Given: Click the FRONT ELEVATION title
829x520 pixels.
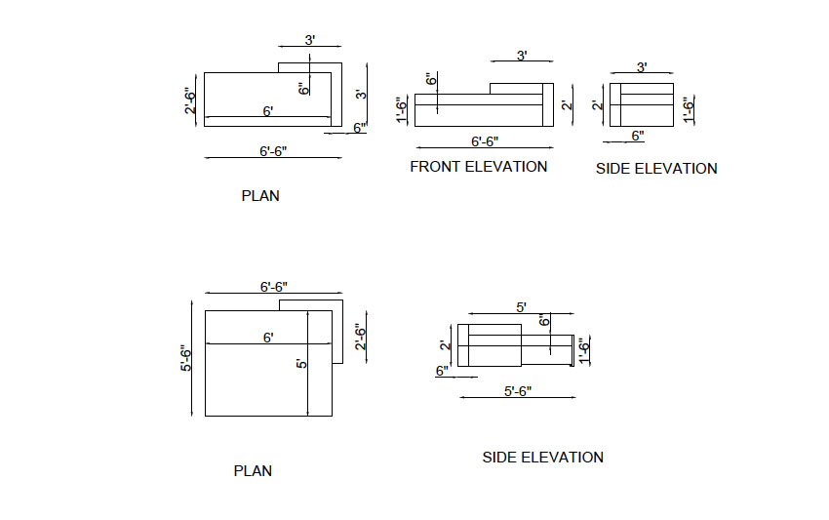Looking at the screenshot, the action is tap(479, 167).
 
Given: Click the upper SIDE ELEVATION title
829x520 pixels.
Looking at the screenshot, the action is tap(656, 169).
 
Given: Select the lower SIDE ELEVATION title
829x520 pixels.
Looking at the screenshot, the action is tap(543, 458).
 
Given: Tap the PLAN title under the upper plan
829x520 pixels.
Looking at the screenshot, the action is tap(260, 196).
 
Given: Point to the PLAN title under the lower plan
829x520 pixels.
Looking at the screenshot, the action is tap(253, 471).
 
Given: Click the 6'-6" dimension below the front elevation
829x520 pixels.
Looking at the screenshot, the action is tap(485, 141).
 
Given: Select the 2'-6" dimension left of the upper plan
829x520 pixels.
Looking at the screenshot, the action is tap(190, 100).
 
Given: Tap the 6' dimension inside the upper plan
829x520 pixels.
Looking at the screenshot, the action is tap(268, 111).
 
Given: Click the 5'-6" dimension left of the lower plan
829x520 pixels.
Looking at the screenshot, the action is tap(186, 358).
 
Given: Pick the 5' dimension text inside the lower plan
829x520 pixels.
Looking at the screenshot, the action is tap(301, 364).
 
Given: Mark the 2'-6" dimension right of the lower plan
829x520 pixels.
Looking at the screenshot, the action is tap(361, 337).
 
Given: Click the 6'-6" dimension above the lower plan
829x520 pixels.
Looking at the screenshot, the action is tap(274, 287).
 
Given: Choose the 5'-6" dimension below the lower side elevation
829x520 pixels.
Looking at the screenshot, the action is tap(518, 391).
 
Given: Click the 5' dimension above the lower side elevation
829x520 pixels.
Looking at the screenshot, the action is tap(521, 307).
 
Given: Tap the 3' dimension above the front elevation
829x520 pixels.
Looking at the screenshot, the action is tap(522, 56).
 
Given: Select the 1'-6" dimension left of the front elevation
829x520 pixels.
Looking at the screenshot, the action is tap(403, 109).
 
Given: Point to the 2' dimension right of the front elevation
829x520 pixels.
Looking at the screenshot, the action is tap(568, 104).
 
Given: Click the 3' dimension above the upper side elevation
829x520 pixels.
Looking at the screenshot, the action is tap(642, 67).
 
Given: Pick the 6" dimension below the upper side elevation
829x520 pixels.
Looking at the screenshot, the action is tap(638, 136).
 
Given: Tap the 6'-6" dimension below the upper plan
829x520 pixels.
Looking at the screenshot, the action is tap(273, 151).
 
